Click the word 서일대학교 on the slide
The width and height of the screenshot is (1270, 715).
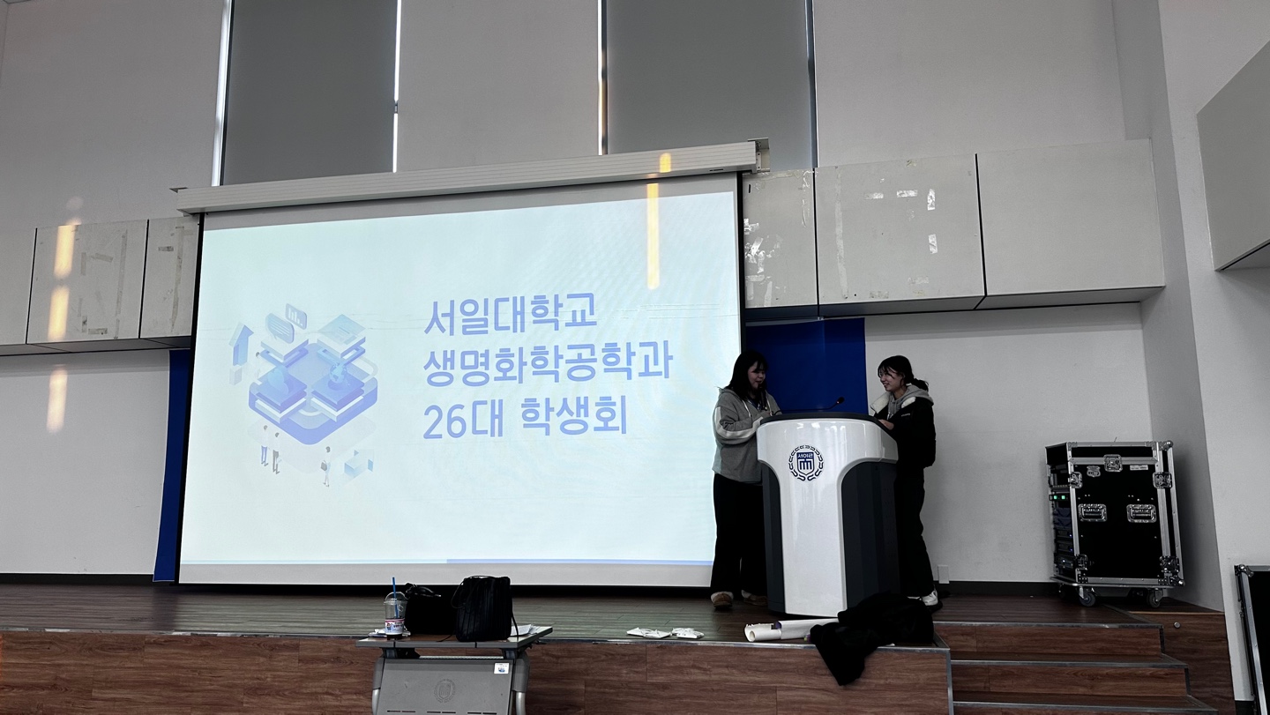pos(512,317)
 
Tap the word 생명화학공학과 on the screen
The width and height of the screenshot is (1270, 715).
pos(548,367)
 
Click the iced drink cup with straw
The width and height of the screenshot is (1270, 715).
pos(395,613)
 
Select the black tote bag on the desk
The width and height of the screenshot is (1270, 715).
pos(483,608)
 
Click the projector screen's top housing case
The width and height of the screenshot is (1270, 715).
pos(468,177)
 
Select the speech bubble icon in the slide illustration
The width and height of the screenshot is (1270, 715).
pos(279,327)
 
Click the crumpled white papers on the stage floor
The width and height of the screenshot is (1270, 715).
pos(664,632)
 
